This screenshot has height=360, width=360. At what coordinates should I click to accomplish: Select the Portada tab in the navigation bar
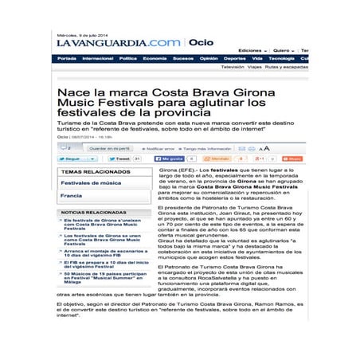(68, 58)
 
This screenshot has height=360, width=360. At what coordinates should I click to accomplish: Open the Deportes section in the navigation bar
(234, 58)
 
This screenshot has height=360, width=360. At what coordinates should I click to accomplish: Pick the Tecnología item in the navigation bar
(281, 58)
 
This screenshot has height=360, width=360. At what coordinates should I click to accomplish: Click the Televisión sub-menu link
(233, 67)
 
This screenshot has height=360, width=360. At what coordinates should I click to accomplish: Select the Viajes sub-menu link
(254, 67)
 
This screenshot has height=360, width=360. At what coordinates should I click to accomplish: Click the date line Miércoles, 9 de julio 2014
(84, 34)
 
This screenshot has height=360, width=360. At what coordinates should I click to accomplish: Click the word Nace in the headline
(71, 94)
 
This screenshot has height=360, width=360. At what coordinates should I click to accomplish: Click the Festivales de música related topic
(88, 182)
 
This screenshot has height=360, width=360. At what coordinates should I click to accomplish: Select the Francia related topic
(72, 195)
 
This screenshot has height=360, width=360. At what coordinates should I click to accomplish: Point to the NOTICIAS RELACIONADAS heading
(94, 213)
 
